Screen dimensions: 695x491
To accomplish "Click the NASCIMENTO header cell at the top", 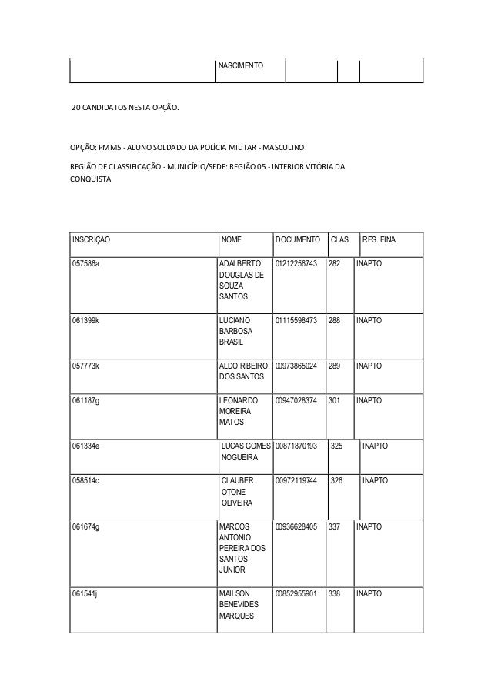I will point(241,66).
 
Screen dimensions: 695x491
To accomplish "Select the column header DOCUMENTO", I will point(298,241).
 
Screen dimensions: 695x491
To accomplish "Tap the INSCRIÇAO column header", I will point(91,241).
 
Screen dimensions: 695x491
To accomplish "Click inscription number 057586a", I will point(86,264).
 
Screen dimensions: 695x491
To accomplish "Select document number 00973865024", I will point(296,366).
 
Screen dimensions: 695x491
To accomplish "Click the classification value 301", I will point(335,400).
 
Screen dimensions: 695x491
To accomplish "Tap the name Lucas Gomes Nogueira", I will point(245,452).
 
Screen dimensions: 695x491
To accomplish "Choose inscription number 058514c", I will point(85,480).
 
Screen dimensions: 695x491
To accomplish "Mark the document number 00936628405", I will point(296,527).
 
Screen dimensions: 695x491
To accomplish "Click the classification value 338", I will point(335,594).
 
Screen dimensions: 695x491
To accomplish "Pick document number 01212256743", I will point(296,264).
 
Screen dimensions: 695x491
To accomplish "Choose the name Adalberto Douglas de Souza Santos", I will point(242,280).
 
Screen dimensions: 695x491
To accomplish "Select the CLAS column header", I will point(339,241).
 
